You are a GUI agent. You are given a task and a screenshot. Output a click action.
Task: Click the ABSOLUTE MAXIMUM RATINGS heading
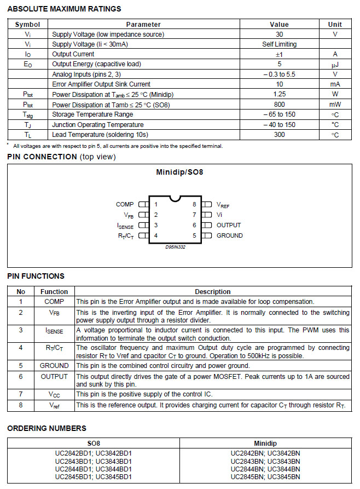(x=64, y=9)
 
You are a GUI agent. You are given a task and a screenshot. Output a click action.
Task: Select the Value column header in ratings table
(x=279, y=25)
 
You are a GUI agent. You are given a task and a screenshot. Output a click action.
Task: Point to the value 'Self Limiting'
(x=279, y=44)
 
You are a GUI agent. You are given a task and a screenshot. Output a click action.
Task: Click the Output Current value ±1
(x=279, y=54)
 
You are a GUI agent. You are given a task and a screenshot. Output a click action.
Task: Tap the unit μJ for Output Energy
(x=335, y=64)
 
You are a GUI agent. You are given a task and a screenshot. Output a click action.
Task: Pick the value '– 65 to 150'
(x=279, y=114)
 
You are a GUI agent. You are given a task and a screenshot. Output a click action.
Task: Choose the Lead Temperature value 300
(x=279, y=135)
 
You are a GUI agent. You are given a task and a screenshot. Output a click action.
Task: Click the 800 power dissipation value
(x=279, y=105)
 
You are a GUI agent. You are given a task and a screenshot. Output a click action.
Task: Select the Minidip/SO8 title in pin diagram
(x=179, y=172)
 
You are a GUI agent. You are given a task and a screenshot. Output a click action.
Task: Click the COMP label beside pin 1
(x=125, y=204)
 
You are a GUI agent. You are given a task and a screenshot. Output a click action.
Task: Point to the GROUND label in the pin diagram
(x=230, y=235)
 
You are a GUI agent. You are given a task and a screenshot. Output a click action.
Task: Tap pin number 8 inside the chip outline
(x=194, y=204)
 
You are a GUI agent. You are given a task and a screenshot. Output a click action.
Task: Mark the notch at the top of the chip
(x=175, y=198)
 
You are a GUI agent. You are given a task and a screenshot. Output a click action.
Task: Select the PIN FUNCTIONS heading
(x=36, y=276)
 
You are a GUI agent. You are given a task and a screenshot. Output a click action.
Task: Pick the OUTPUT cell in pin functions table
(x=54, y=377)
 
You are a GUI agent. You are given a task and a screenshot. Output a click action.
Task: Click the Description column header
(x=213, y=292)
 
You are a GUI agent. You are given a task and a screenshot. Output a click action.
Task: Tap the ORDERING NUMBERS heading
(x=47, y=428)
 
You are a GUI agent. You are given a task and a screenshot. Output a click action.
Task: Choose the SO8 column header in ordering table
(x=94, y=442)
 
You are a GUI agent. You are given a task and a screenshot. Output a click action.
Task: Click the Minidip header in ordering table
(x=265, y=442)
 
